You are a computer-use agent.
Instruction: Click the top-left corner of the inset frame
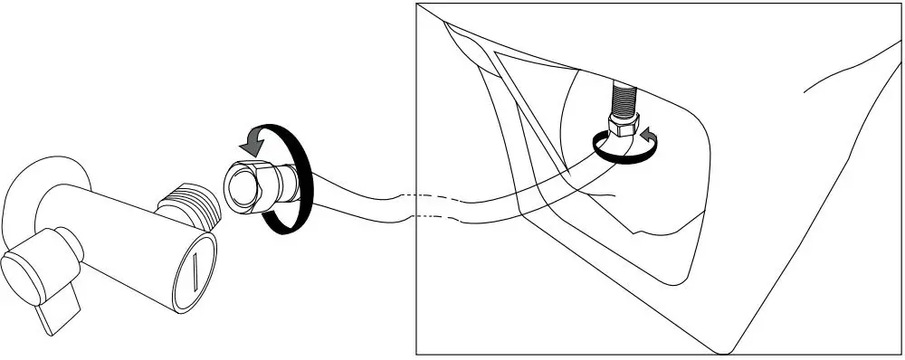point(416,4)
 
